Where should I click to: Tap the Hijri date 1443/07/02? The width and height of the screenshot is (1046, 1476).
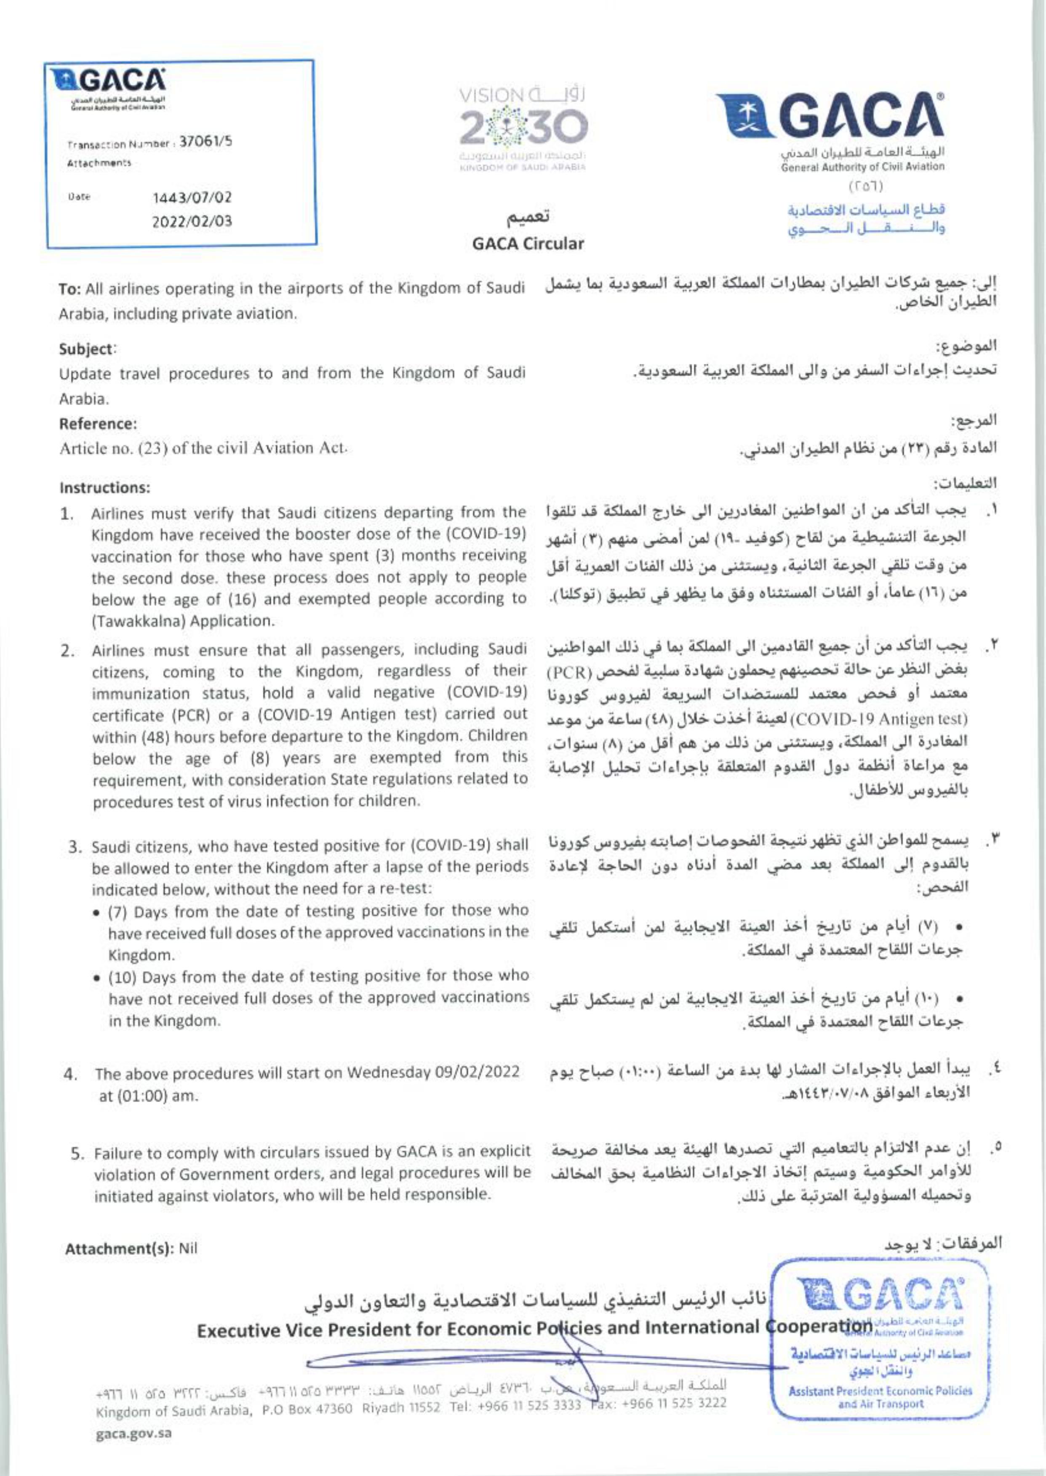pos(192,198)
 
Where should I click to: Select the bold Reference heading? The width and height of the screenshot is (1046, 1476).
pos(98,424)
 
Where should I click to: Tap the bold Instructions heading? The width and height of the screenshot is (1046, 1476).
pos(104,488)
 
